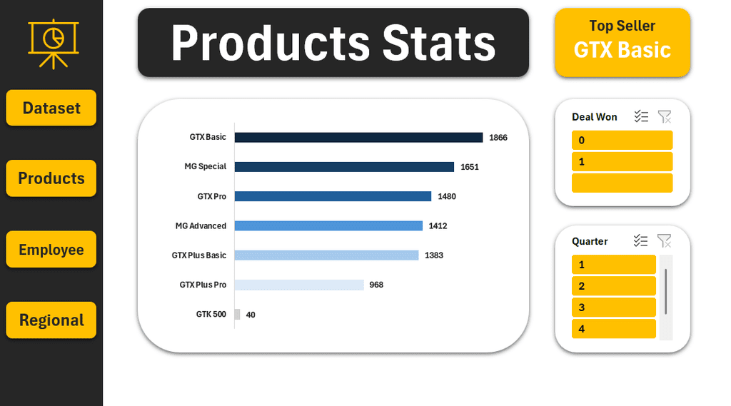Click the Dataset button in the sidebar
click(x=51, y=108)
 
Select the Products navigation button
click(x=51, y=178)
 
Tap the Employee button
click(x=51, y=250)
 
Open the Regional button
click(x=51, y=320)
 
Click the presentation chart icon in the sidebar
click(x=54, y=44)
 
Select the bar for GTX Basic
click(x=358, y=137)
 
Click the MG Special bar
click(x=344, y=167)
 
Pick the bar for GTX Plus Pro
click(x=299, y=285)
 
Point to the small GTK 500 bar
click(x=238, y=314)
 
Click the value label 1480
click(x=447, y=196)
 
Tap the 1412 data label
click(x=438, y=226)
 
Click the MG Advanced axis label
click(x=201, y=226)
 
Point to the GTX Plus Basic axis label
click(x=199, y=255)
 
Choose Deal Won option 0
click(x=622, y=141)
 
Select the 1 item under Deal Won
click(x=622, y=162)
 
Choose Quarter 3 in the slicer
click(x=613, y=308)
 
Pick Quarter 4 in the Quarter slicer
click(x=613, y=329)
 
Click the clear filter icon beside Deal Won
click(x=665, y=117)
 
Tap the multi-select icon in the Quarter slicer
click(x=641, y=241)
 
